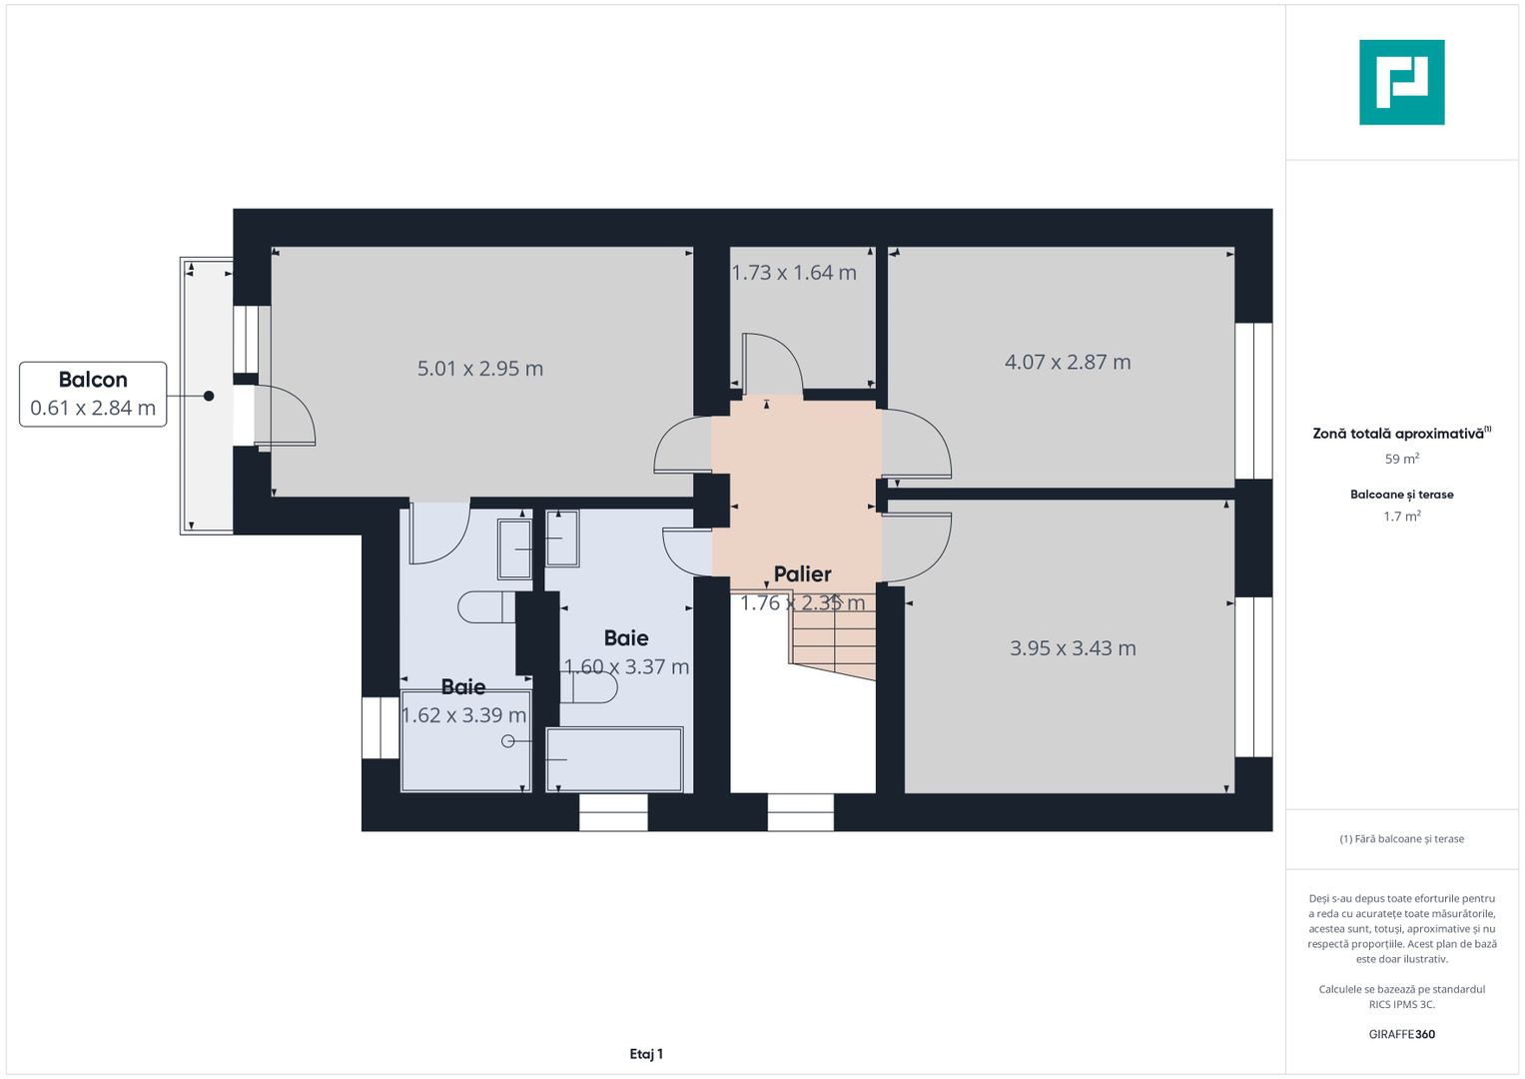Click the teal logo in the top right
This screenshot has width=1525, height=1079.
pyautogui.click(x=1401, y=82)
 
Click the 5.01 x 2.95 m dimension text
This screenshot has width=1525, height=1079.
pyautogui.click(x=480, y=369)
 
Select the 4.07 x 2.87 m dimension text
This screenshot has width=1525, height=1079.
pyautogui.click(x=1068, y=363)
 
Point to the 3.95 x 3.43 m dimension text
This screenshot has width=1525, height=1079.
pyautogui.click(x=1073, y=648)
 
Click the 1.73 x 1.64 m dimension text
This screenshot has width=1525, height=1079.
pyautogui.click(x=794, y=273)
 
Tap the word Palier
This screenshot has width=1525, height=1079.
pyautogui.click(x=802, y=574)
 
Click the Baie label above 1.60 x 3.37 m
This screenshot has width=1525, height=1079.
pyautogui.click(x=626, y=638)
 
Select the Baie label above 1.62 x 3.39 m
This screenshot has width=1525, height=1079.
pyautogui.click(x=463, y=687)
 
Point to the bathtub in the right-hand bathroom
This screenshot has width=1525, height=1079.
pyautogui.click(x=614, y=759)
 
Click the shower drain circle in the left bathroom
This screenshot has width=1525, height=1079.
pyautogui.click(x=508, y=741)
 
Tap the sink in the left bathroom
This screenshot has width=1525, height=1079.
pyautogui.click(x=515, y=547)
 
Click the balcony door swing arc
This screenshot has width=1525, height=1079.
pyautogui.click(x=290, y=414)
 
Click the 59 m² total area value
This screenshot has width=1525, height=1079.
pyautogui.click(x=1401, y=460)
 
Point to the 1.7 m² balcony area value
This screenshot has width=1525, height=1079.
pyautogui.click(x=1401, y=517)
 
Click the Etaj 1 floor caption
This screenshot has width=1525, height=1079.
pyautogui.click(x=646, y=1054)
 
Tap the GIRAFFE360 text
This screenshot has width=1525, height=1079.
pyautogui.click(x=1401, y=1034)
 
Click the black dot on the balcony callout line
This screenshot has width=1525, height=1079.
pyautogui.click(x=209, y=396)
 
